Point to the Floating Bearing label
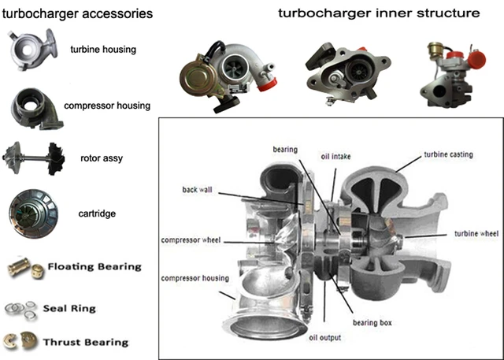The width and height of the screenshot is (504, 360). pos(94,266)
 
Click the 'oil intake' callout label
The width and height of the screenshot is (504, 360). pos(335,155)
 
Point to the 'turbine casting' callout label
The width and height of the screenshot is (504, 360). pos(448,155)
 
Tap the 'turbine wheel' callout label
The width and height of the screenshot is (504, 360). pos(476,234)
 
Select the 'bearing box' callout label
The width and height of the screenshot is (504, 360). pos(374,322)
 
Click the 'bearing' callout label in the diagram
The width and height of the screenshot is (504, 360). pos(286,149)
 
